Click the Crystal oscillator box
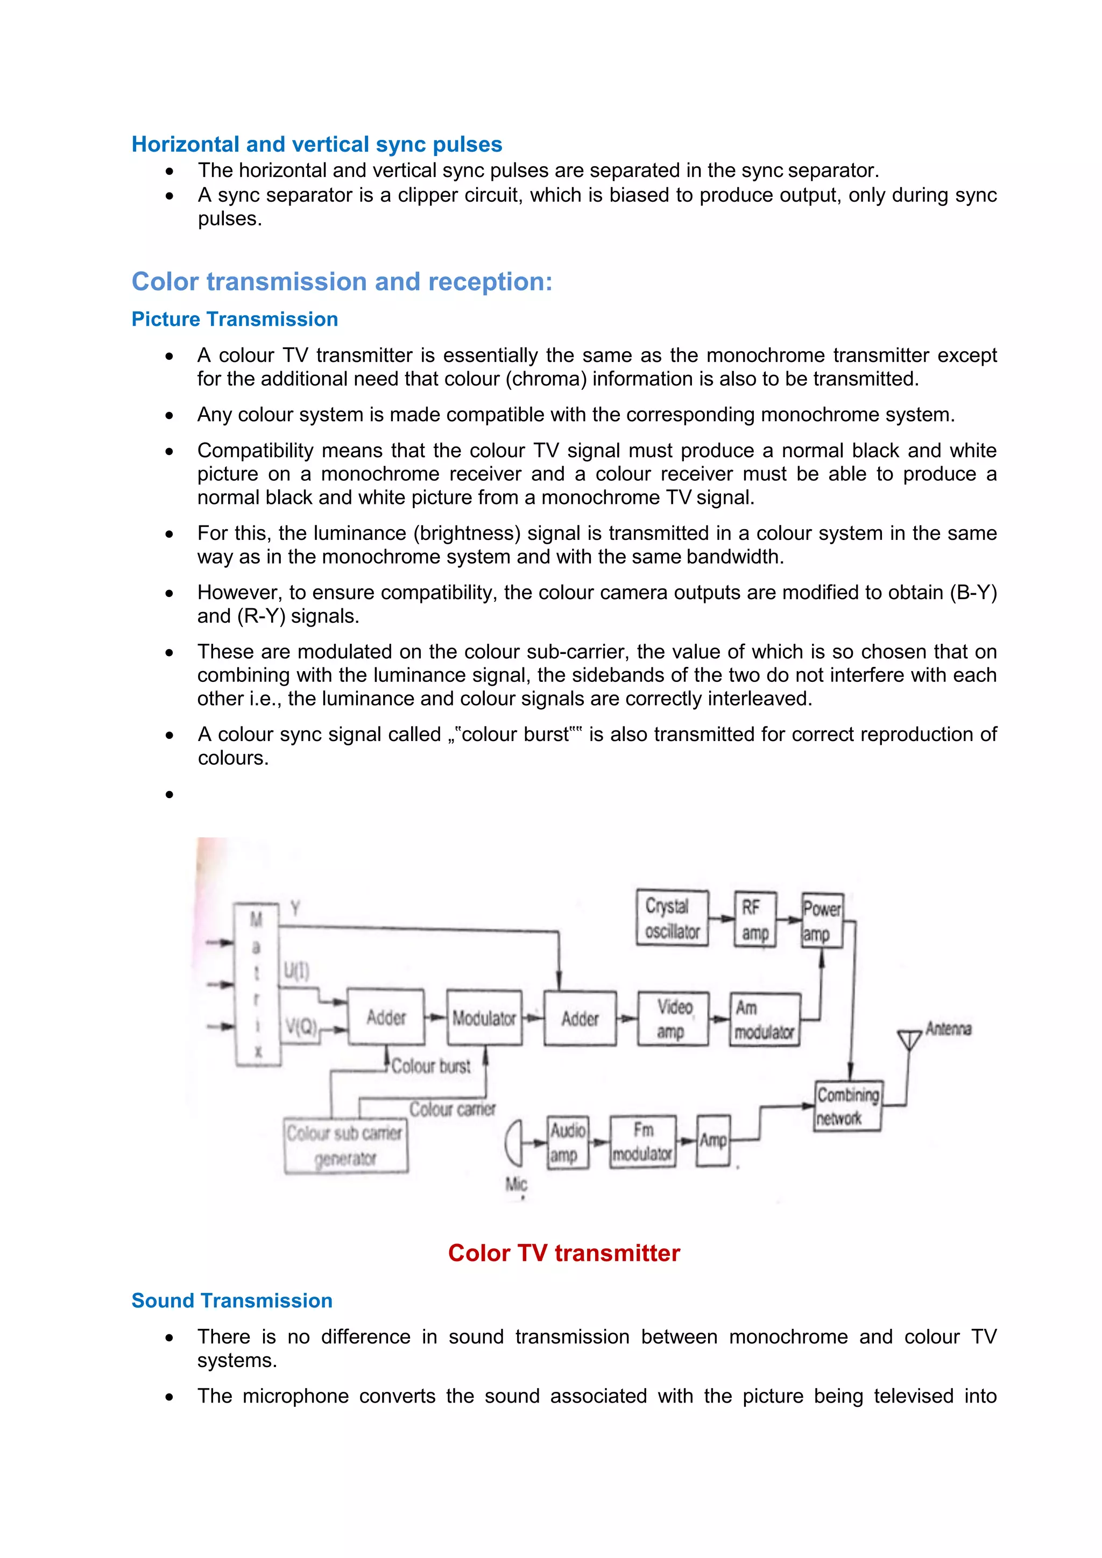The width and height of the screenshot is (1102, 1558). coord(672,918)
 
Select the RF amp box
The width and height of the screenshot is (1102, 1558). coord(755,920)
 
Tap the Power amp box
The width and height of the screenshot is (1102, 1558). coord(822,921)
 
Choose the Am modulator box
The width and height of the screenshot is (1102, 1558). coord(765,1019)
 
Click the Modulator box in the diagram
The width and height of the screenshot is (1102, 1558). coord(484,1018)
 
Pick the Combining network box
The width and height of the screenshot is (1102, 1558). coord(847,1106)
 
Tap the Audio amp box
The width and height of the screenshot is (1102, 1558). coord(568,1143)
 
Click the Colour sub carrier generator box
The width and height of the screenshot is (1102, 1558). coord(345,1146)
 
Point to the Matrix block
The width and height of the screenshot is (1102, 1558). coord(257,985)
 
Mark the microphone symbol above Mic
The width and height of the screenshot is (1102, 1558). coord(514,1142)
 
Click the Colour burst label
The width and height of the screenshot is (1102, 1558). coord(431,1066)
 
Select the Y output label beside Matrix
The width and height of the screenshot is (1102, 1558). coord(295,908)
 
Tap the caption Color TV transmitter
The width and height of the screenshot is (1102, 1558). coord(563,1253)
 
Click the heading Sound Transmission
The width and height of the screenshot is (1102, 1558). coord(231,1300)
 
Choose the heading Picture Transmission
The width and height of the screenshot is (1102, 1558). coord(234,319)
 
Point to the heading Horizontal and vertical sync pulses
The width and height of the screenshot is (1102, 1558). coord(316,144)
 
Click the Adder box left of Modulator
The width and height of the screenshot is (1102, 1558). coord(386,1017)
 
